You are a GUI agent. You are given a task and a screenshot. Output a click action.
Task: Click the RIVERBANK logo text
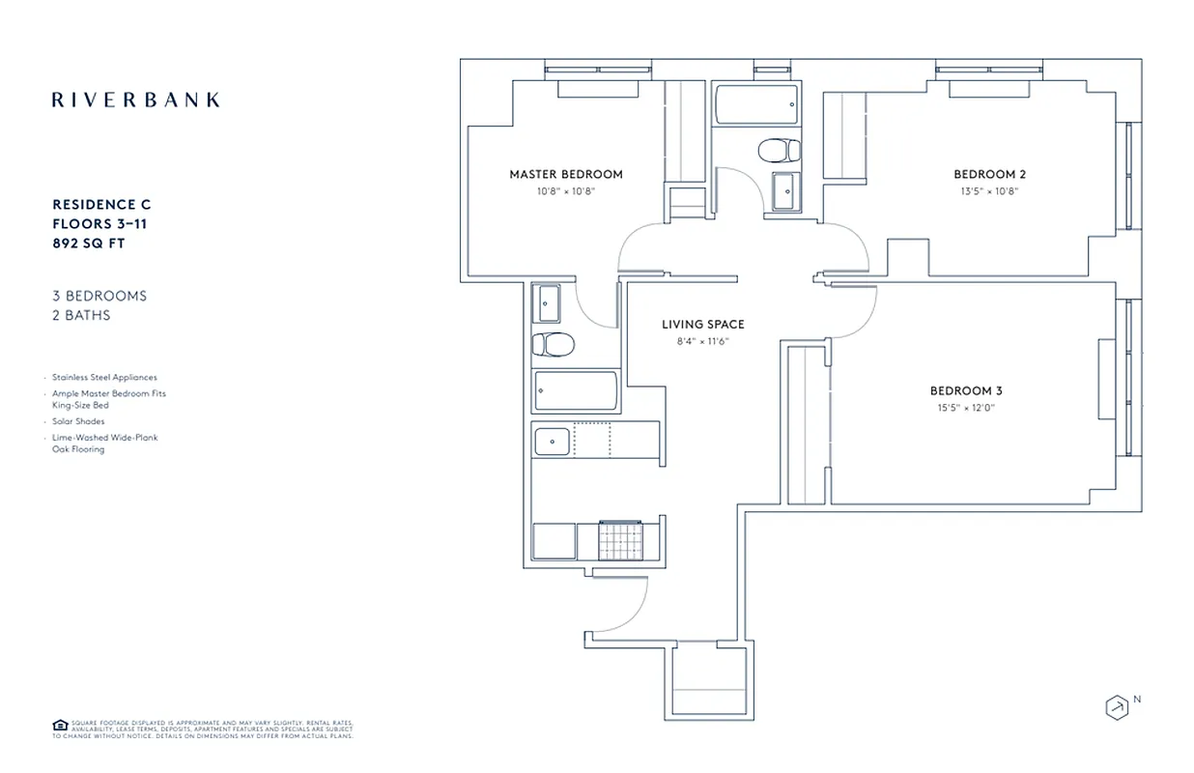pyautogui.click(x=135, y=100)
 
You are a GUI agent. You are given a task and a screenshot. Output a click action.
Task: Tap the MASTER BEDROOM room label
pyautogui.click(x=566, y=175)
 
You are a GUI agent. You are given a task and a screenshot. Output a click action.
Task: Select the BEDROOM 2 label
pyautogui.click(x=989, y=175)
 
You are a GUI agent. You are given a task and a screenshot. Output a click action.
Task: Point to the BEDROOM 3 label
pyautogui.click(x=966, y=391)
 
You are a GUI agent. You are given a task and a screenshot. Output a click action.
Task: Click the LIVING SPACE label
pyautogui.click(x=703, y=325)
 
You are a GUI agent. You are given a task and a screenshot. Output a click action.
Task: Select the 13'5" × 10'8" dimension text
pyautogui.click(x=989, y=191)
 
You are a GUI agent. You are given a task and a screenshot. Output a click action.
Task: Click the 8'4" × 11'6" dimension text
pyautogui.click(x=702, y=341)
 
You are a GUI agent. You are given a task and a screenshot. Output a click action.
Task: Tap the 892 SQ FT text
pyautogui.click(x=89, y=243)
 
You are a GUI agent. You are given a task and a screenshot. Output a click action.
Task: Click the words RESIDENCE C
pyautogui.click(x=101, y=205)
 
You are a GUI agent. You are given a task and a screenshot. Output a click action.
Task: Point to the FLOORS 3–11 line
pyautogui.click(x=99, y=224)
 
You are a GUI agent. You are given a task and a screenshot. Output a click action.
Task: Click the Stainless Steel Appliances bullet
pyautogui.click(x=104, y=378)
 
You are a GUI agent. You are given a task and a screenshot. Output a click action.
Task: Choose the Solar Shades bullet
pyautogui.click(x=78, y=422)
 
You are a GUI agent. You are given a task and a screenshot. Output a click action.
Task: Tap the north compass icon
pyautogui.click(x=1117, y=706)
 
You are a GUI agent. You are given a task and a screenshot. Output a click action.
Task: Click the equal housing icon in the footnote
pyautogui.click(x=59, y=725)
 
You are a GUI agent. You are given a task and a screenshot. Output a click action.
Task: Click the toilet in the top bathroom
pyautogui.click(x=779, y=151)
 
